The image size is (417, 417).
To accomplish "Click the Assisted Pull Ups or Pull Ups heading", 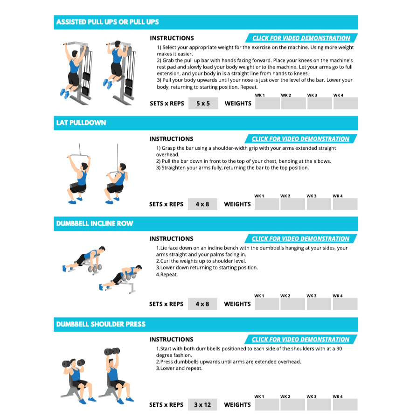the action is coord(107,22).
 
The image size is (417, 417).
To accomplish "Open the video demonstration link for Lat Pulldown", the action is coord(300,139).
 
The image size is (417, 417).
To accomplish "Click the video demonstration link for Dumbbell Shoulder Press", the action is coord(300,340).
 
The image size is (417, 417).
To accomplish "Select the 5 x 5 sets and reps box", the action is coord(203,104).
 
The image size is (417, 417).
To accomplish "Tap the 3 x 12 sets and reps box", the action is coord(202,405).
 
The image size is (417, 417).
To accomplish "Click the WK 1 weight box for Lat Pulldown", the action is coord(267,204).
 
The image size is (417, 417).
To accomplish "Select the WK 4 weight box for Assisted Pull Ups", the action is coord(346,104).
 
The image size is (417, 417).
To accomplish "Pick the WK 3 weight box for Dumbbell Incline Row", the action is coord(319,304).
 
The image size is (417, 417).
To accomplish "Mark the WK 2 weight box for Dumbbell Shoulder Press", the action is coord(293,405).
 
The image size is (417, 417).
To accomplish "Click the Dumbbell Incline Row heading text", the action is coord(95,223).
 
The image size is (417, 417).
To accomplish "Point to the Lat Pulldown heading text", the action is coord(81,123).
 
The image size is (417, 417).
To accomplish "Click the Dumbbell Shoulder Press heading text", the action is coord(101,324).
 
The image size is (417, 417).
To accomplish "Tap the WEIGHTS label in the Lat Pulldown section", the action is coord(237,204).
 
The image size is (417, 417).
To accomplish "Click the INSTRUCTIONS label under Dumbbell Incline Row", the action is coord(171,238).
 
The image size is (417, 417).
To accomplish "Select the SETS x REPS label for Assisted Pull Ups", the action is coord(167,104).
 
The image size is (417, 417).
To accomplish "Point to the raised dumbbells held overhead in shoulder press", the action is coord(112,351).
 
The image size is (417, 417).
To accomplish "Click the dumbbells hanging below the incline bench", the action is coord(95,268).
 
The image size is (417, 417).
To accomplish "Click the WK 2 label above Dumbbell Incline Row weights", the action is coord(285,296).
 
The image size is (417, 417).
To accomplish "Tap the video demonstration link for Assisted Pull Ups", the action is coord(301,38).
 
